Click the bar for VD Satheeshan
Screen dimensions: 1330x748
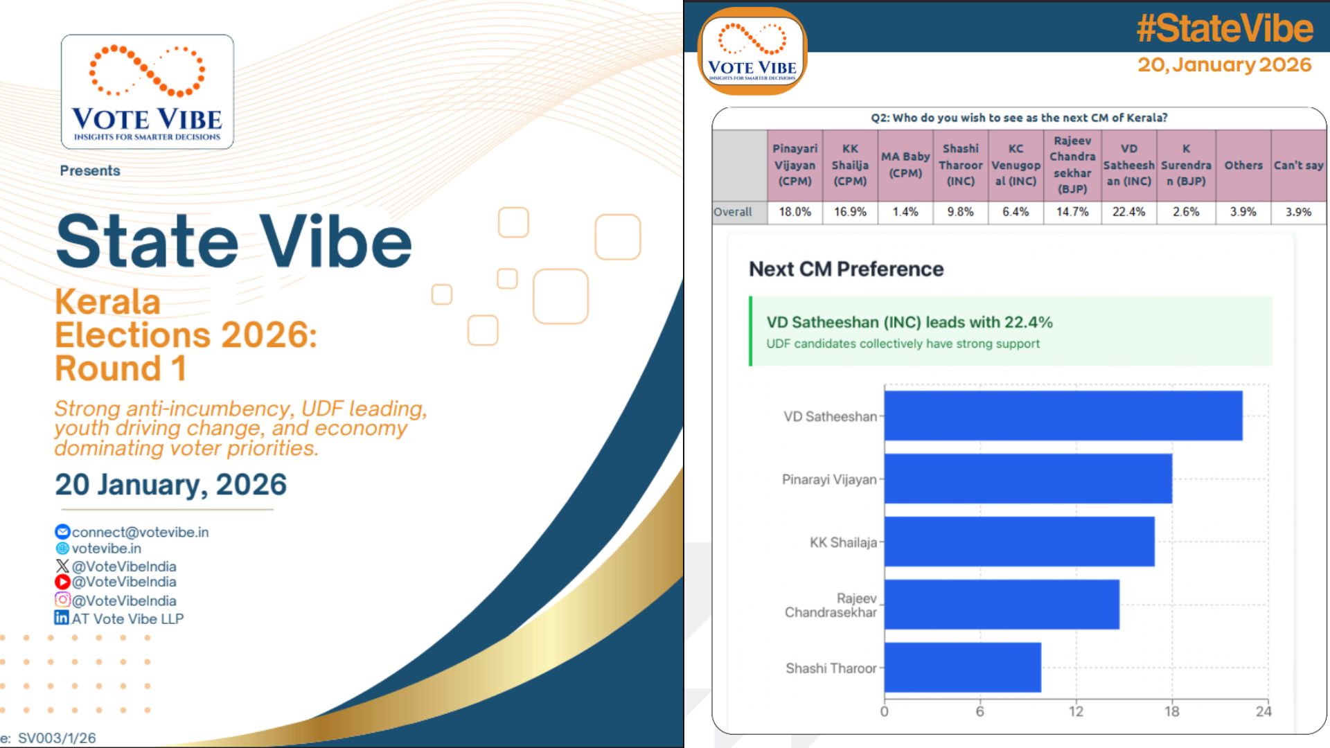pyautogui.click(x=1063, y=416)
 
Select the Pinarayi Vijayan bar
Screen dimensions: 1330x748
pyautogui.click(x=1028, y=479)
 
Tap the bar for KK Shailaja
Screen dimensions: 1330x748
pyautogui.click(x=1020, y=542)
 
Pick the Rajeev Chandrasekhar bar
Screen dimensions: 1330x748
pyautogui.click(x=1002, y=605)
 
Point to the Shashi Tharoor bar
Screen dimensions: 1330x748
pyautogui.click(x=963, y=668)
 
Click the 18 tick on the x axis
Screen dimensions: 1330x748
pyautogui.click(x=1171, y=711)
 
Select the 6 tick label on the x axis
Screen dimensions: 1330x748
pyautogui.click(x=979, y=711)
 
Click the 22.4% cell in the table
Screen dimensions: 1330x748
pyautogui.click(x=1128, y=212)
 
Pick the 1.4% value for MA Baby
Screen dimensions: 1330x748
pyautogui.click(x=905, y=212)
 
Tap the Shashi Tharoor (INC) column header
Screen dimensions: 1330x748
pyautogui.click(x=961, y=165)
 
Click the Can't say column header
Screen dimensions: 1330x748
pyautogui.click(x=1299, y=165)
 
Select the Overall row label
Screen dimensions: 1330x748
pyautogui.click(x=733, y=212)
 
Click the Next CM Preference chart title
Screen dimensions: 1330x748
pyautogui.click(x=846, y=269)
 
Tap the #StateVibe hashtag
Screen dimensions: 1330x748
pyautogui.click(x=1224, y=28)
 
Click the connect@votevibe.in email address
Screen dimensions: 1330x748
pyautogui.click(x=140, y=532)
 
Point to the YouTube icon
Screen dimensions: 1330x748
pyautogui.click(x=62, y=582)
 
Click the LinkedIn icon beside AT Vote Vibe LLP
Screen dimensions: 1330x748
pyautogui.click(x=62, y=617)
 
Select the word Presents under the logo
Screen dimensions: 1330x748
pyautogui.click(x=90, y=170)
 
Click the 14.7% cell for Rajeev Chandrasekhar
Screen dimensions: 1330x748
pyautogui.click(x=1072, y=212)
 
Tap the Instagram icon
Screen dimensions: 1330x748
pyautogui.click(x=62, y=599)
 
